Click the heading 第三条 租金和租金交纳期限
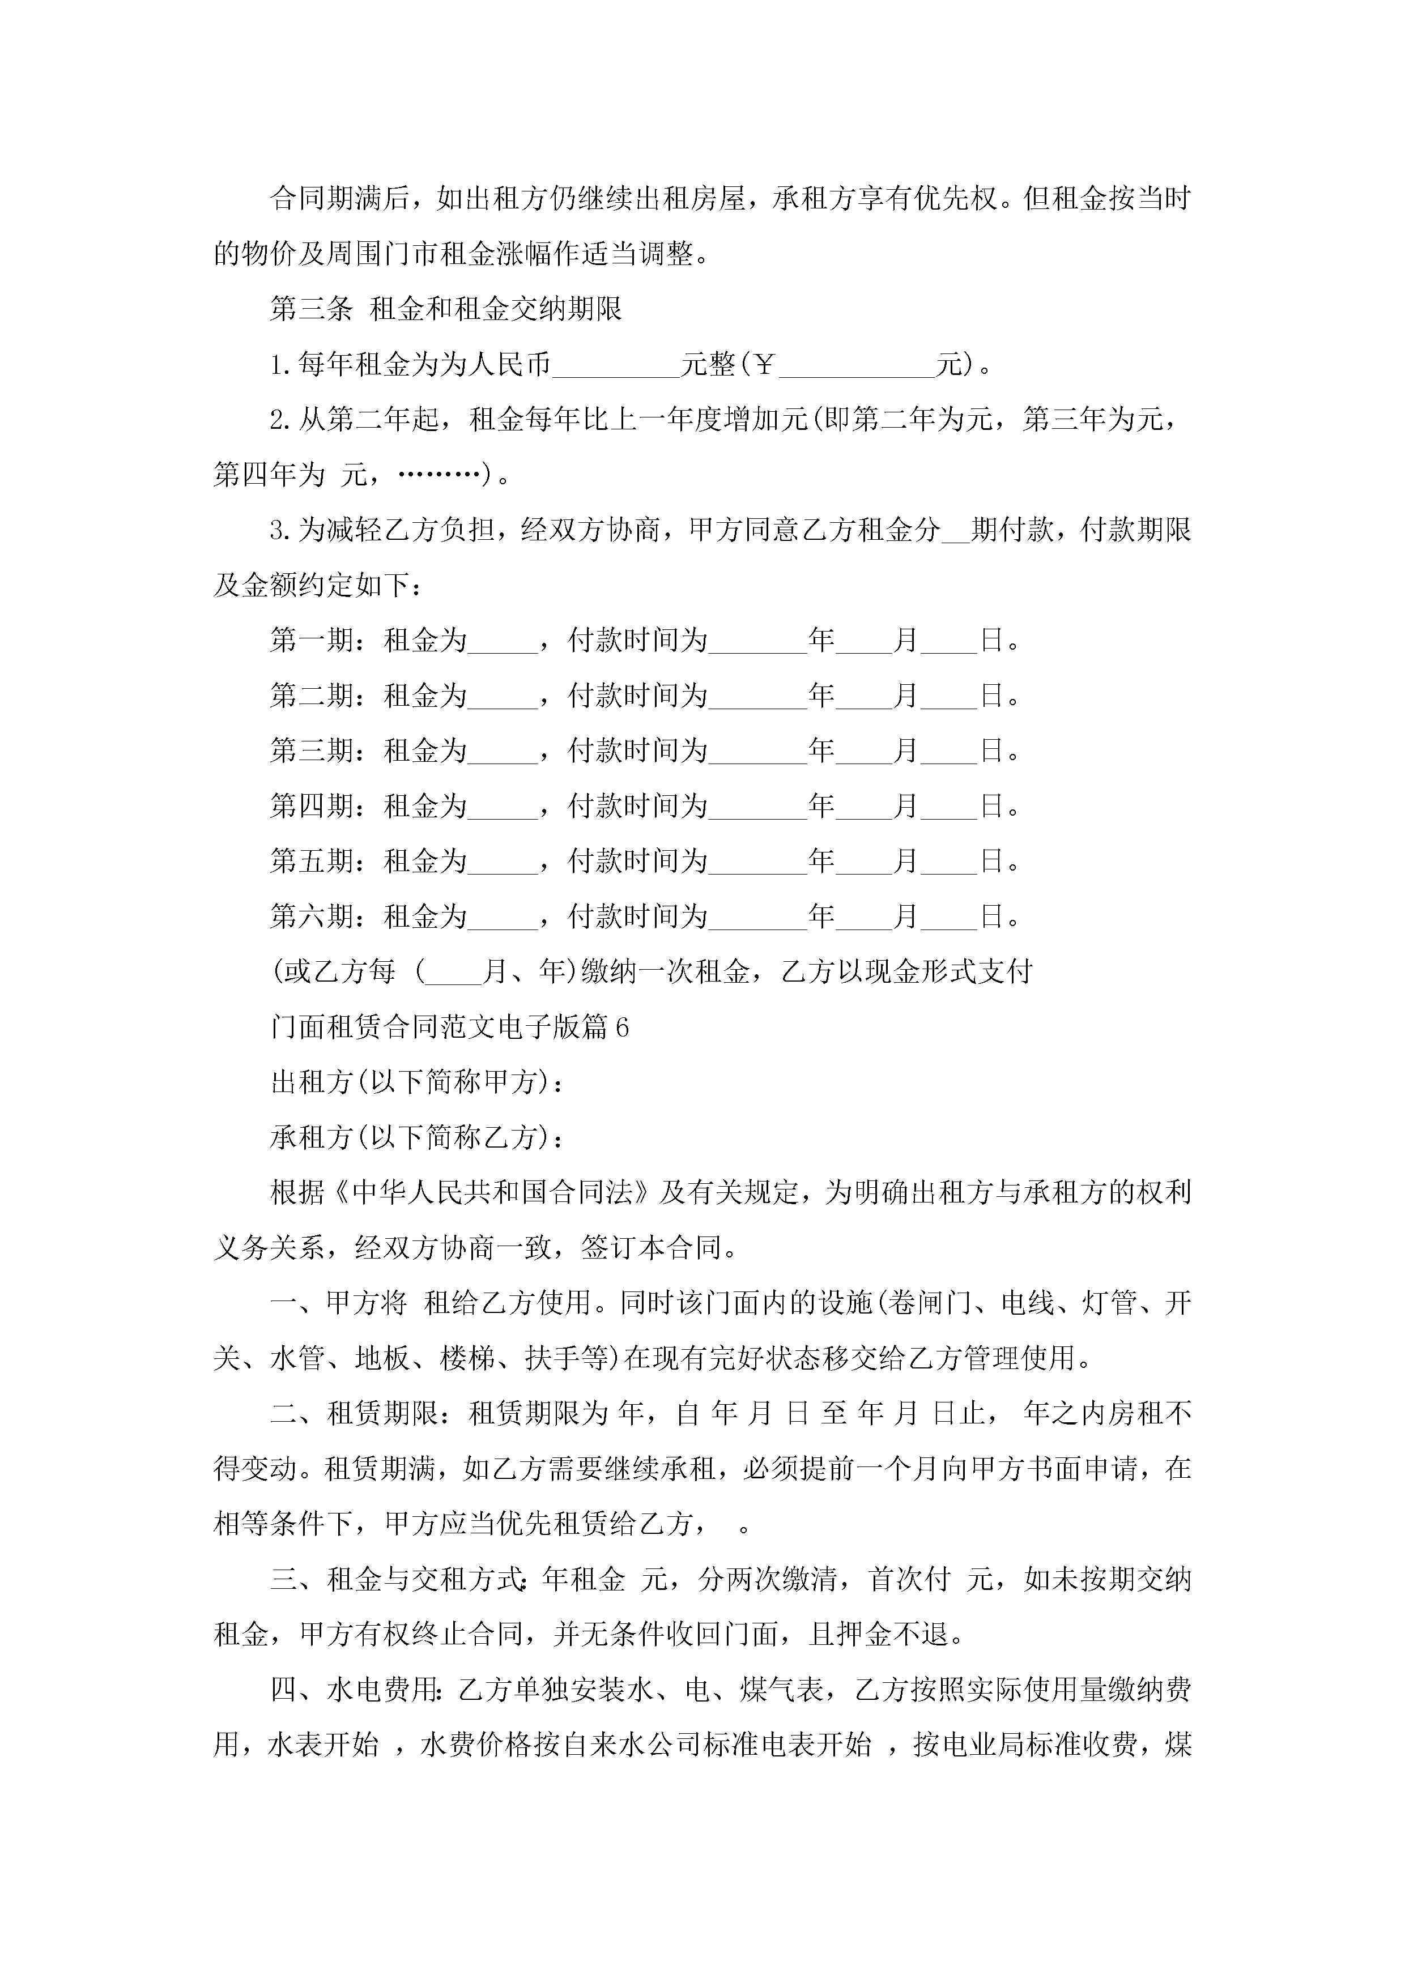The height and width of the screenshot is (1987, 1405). point(446,309)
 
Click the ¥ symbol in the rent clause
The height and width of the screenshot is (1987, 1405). point(763,364)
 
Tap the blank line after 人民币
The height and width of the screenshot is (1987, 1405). point(615,366)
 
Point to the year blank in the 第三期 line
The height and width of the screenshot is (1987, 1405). point(757,751)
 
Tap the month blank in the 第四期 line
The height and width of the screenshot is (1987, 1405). point(863,807)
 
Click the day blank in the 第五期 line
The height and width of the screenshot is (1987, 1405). point(949,862)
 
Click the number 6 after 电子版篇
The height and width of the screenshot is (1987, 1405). point(621,1027)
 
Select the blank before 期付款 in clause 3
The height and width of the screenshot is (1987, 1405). point(955,531)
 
